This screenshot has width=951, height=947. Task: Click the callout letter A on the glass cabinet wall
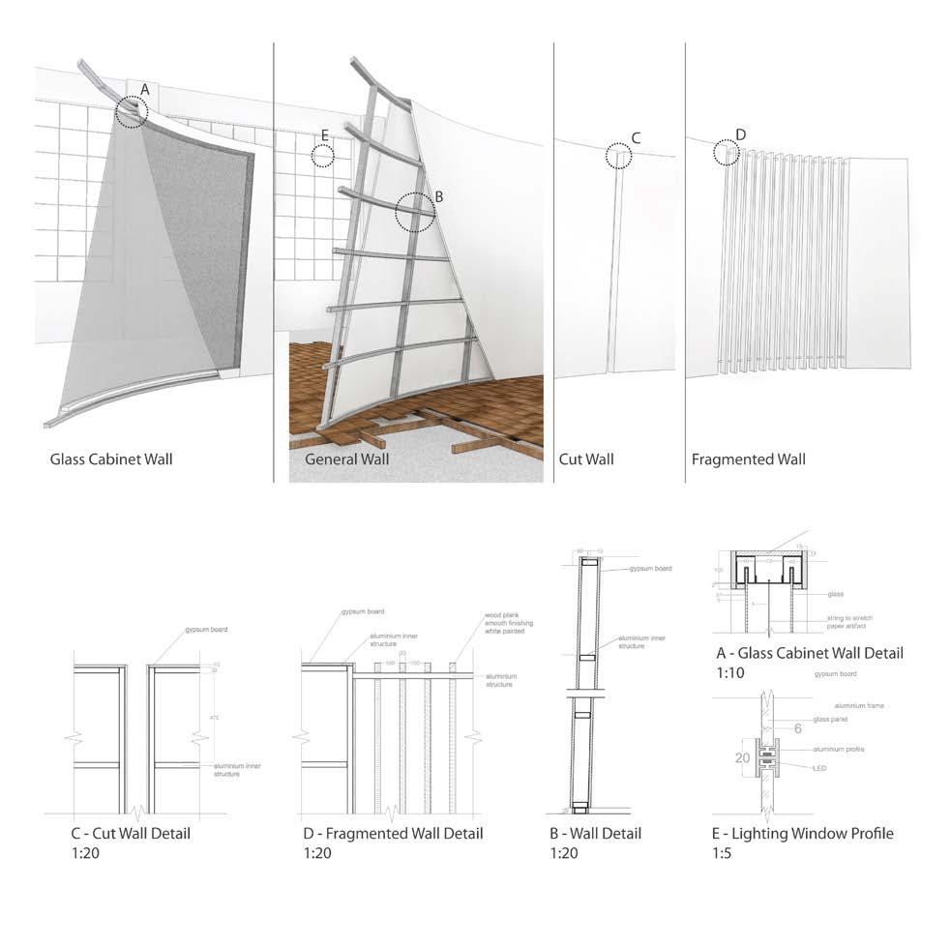click(144, 89)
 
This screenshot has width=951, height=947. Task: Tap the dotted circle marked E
click(323, 155)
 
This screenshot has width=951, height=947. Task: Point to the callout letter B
click(438, 195)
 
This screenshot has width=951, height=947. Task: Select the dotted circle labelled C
click(617, 155)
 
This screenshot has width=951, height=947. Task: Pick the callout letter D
click(740, 133)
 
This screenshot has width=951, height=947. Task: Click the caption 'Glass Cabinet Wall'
click(111, 459)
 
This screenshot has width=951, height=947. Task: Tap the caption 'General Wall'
click(346, 459)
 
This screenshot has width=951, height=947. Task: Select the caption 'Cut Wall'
click(586, 459)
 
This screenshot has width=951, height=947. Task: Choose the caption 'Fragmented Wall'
click(748, 459)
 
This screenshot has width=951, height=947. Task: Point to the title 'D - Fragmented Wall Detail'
click(393, 833)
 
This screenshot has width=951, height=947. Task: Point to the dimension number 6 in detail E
click(798, 728)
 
